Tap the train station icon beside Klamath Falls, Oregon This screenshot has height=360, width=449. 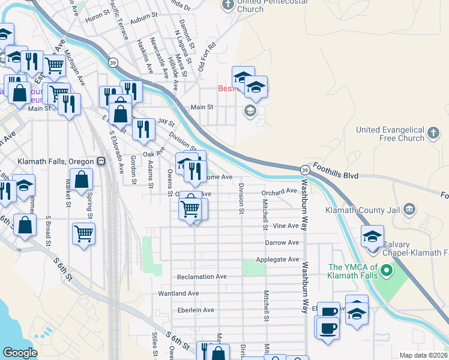click(101, 161)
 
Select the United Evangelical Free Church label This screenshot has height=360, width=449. click(390, 134)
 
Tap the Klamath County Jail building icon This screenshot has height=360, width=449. click(409, 209)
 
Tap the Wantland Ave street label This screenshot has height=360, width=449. click(178, 293)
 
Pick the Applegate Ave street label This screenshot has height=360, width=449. click(277, 259)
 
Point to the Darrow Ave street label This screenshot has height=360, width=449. click(282, 242)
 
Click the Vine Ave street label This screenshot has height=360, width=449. click(285, 226)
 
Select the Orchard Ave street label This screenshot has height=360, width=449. click(279, 191)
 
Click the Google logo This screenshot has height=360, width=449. click(20, 353)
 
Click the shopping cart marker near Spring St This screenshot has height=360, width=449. click(83, 233)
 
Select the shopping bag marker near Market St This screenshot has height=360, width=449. click(81, 179)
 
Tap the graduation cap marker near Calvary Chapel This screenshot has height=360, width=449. click(372, 235)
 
